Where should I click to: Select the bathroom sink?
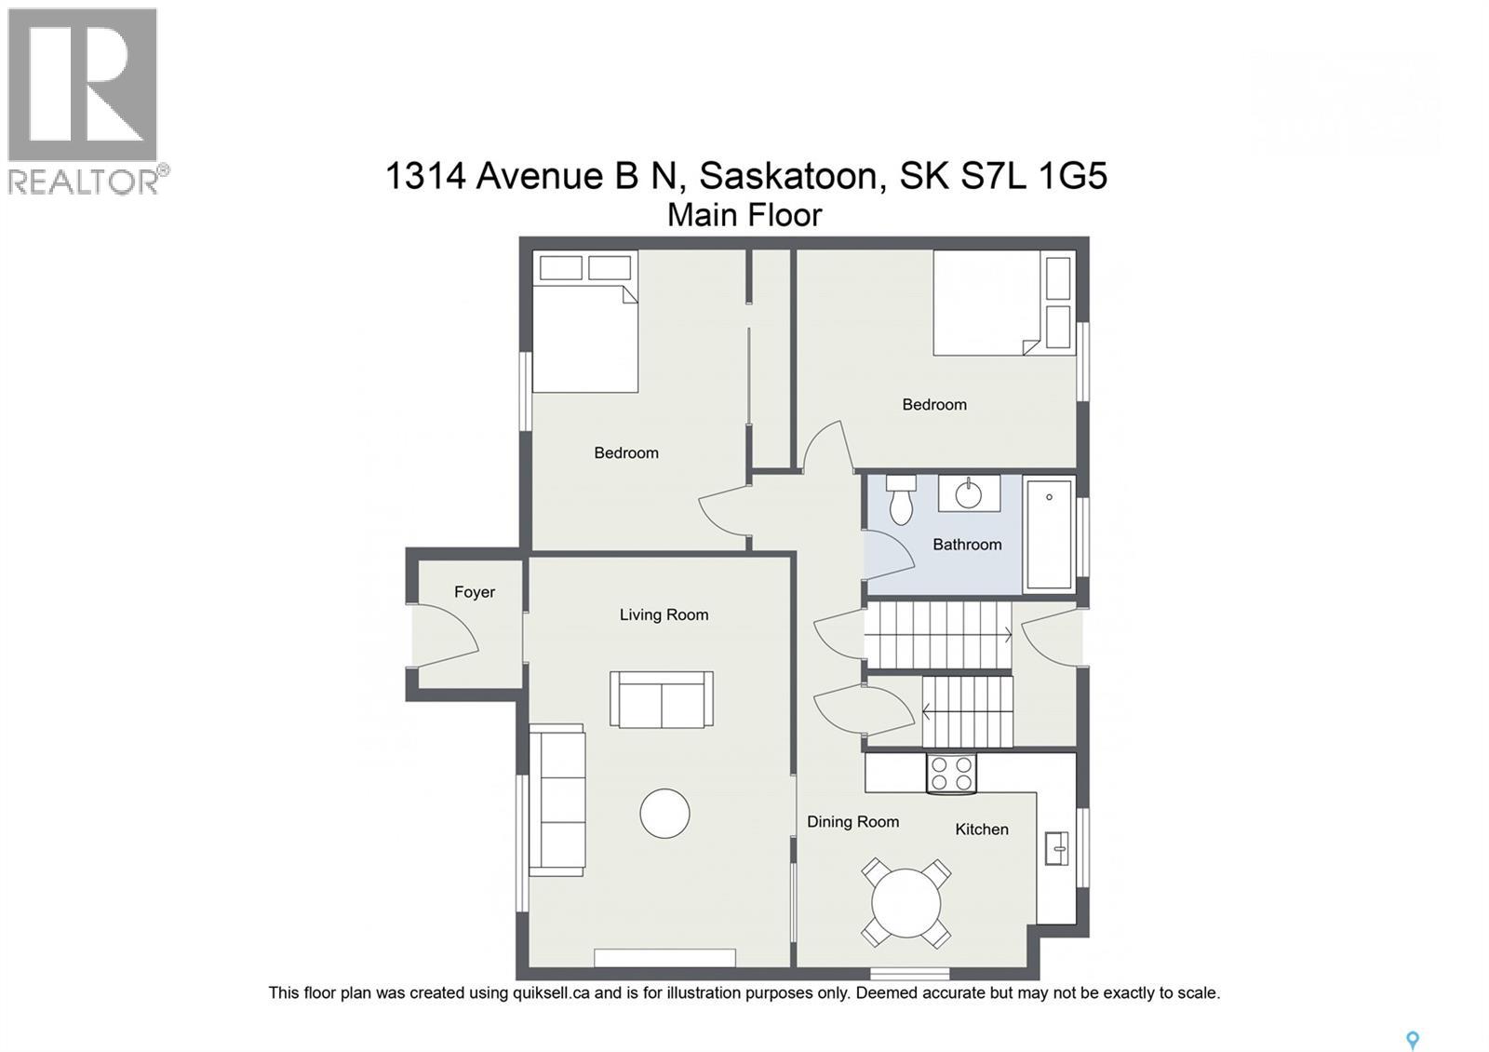tap(969, 493)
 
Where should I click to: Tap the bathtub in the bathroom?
tap(1049, 534)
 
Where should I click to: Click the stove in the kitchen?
tap(951, 773)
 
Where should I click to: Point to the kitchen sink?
tap(1056, 847)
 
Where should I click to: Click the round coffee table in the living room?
tap(664, 814)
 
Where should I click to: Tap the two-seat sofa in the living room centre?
tap(662, 699)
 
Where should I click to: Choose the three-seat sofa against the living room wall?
tap(557, 801)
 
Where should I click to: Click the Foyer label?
tap(475, 592)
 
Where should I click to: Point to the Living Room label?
tap(664, 614)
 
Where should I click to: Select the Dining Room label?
tap(852, 822)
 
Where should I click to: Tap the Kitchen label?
tap(982, 829)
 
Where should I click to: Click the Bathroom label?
tap(967, 545)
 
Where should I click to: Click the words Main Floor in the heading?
tap(744, 215)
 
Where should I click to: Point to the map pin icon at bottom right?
tap(1412, 1041)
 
